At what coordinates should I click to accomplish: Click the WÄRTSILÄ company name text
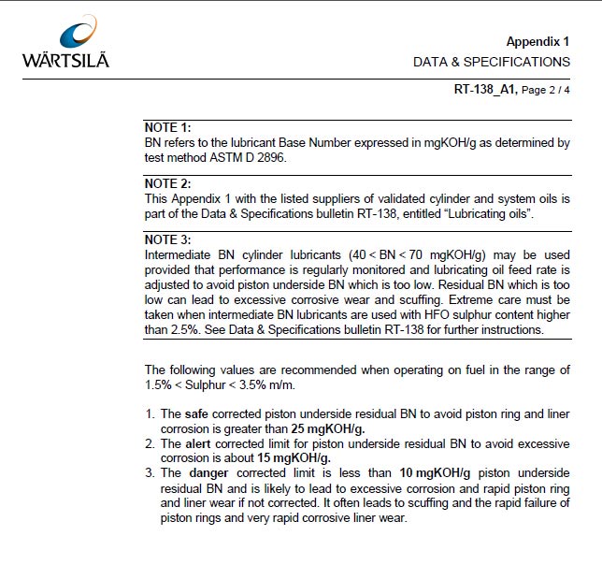click(65, 61)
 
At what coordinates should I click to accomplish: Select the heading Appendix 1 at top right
click(537, 41)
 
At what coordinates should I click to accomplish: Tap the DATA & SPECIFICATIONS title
click(491, 62)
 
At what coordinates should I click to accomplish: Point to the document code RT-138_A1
click(484, 91)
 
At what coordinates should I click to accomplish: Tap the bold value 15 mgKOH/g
click(295, 457)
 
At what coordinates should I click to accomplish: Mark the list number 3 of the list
click(150, 472)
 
